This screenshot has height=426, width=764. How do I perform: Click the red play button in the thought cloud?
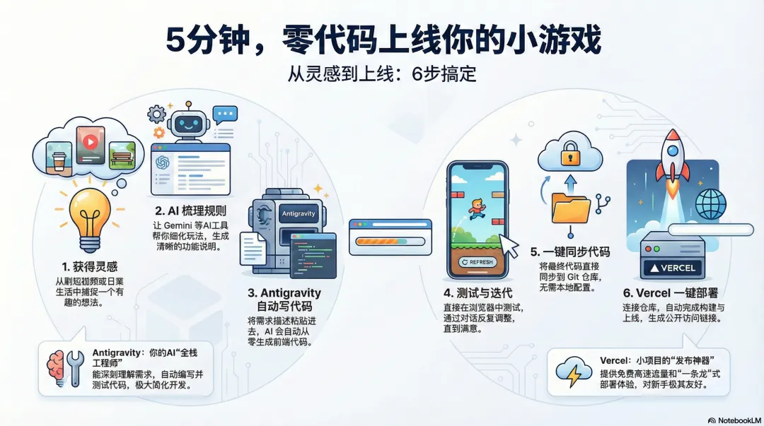pos(90,141)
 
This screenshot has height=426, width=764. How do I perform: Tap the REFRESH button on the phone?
pos(477,261)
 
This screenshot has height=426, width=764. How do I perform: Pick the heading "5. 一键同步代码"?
pos(570,252)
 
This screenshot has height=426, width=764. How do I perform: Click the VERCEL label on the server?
pos(671,268)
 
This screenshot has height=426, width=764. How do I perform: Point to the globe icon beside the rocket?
pos(711,205)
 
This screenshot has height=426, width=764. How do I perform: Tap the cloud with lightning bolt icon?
pos(574,372)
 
